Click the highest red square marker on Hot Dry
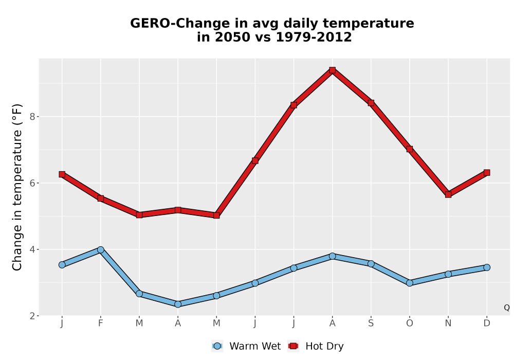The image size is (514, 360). tap(333, 70)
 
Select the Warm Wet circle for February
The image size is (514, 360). tap(101, 249)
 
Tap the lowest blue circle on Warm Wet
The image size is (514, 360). tap(178, 304)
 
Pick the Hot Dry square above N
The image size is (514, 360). tap(448, 194)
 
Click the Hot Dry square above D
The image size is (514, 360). tap(487, 172)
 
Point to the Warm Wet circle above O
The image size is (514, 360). tap(410, 283)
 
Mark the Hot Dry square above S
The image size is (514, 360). tap(371, 103)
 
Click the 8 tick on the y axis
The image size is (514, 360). tap(32, 117)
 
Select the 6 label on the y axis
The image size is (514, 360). tap(32, 183)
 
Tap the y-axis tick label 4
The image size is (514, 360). tap(32, 249)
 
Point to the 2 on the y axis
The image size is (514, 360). tap(32, 316)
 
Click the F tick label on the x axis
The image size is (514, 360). tap(101, 323)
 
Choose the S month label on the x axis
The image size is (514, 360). tap(371, 323)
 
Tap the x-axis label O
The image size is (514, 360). tap(410, 323)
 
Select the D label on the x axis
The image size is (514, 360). tap(487, 323)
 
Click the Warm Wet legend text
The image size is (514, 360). tap(255, 346)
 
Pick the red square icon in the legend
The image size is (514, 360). tap(293, 346)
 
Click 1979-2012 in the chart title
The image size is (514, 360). tap(314, 37)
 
